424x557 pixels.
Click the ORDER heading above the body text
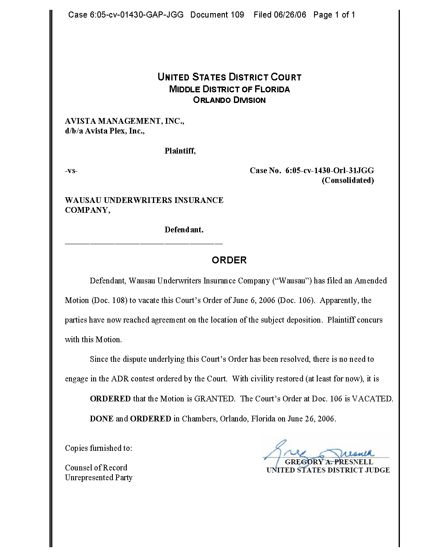coord(229,260)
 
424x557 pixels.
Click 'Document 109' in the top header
coord(217,15)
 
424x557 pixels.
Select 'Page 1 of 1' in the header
coord(334,15)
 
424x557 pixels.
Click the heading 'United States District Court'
coord(229,77)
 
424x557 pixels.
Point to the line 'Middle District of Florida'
coord(229,89)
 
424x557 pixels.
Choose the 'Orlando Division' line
coord(229,100)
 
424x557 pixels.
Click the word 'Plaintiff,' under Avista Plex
coord(180,151)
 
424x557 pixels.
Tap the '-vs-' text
coord(71,171)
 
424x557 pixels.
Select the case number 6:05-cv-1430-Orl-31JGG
coord(330,171)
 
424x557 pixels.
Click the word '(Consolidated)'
coord(348,180)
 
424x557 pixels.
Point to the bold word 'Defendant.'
coord(184,230)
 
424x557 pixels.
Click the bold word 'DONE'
coord(101,419)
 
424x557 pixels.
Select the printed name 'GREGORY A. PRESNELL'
coord(329,462)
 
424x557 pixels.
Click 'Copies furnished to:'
coord(99,448)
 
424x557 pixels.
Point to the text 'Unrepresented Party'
coord(99,478)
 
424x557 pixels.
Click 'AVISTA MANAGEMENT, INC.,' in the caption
coord(124,121)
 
